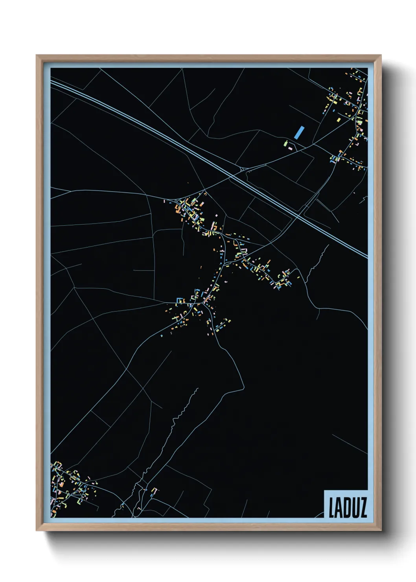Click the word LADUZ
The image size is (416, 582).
[x=348, y=507]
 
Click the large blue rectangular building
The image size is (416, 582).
[x=299, y=133]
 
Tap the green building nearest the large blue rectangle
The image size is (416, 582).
[x=286, y=144]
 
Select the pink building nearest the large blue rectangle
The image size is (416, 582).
[x=290, y=148]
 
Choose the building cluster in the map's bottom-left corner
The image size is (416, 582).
[x=69, y=488]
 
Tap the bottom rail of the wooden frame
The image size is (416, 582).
[x=208, y=527]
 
